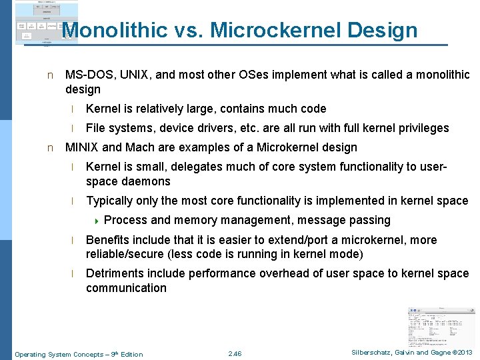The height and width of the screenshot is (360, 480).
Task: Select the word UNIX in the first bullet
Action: tap(133, 75)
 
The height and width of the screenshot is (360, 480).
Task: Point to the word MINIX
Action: tap(83, 147)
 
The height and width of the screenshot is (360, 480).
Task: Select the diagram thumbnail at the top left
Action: tap(46, 23)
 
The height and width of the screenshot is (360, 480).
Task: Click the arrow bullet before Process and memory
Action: tap(96, 221)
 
